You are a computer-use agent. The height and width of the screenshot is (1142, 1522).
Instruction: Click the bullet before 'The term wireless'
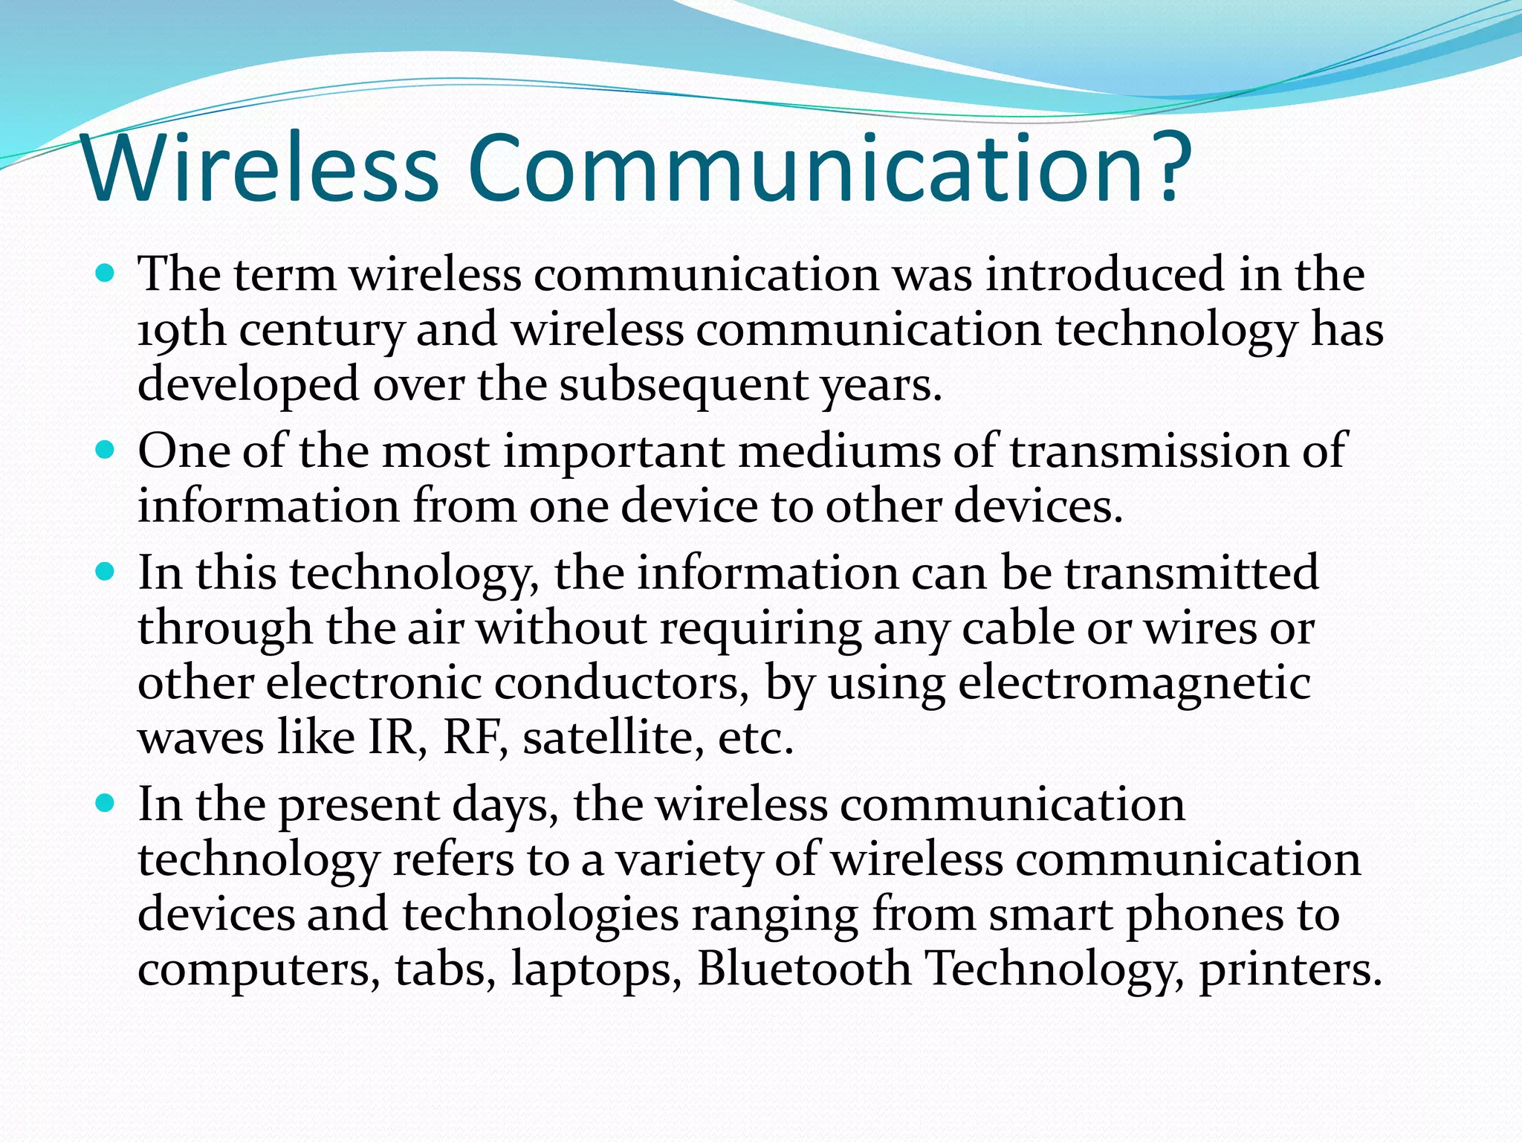pyautogui.click(x=106, y=274)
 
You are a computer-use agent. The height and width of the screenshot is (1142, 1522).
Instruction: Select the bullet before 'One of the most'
pyautogui.click(x=106, y=451)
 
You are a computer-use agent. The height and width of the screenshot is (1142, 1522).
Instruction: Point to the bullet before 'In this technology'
pyautogui.click(x=106, y=572)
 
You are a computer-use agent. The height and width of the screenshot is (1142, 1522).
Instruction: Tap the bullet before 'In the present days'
pyautogui.click(x=106, y=804)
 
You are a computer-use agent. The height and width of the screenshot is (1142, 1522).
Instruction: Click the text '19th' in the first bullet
pyautogui.click(x=181, y=330)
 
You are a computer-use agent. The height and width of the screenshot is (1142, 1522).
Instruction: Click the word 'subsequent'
pyautogui.click(x=683, y=385)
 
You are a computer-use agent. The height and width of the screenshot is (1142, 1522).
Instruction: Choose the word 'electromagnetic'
pyautogui.click(x=1134, y=683)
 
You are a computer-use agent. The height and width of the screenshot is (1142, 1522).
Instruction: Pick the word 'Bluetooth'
pyautogui.click(x=803, y=969)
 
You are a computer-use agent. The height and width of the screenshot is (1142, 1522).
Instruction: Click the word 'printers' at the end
pyautogui.click(x=1290, y=969)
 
